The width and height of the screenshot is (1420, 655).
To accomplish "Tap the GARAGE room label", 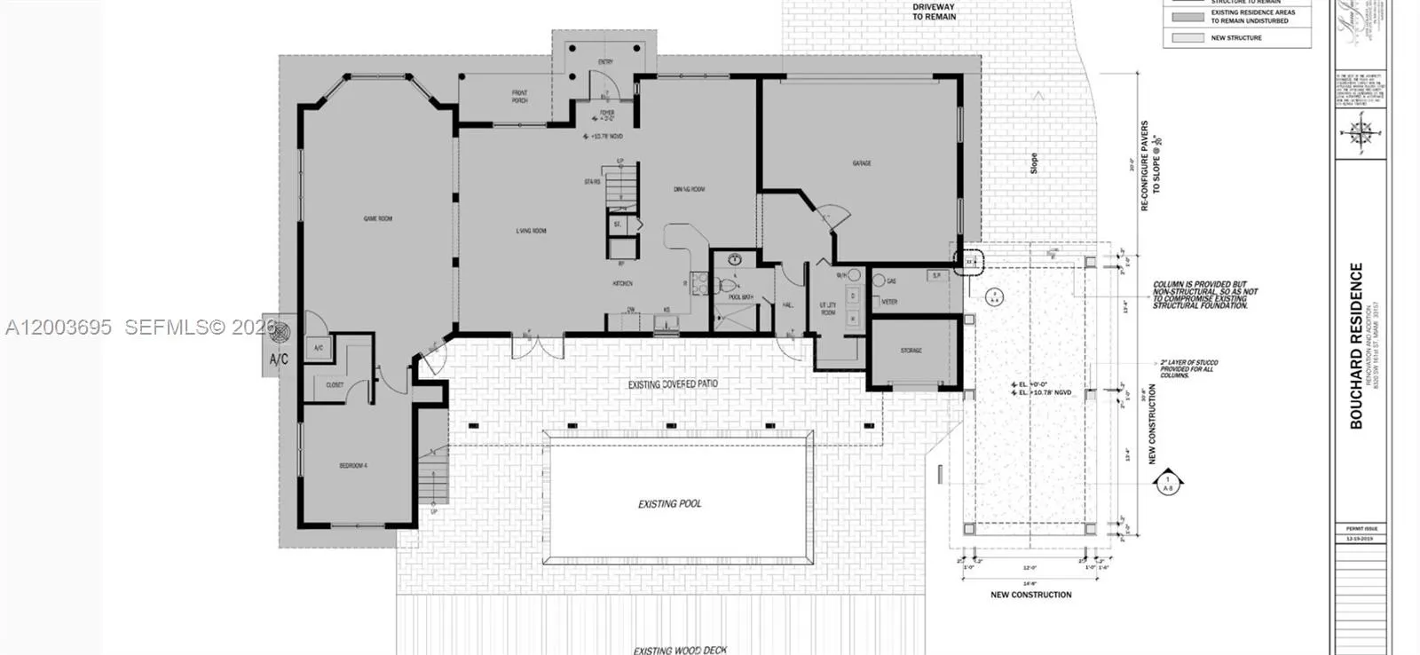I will (861, 163).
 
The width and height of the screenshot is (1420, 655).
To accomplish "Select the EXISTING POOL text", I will (669, 503).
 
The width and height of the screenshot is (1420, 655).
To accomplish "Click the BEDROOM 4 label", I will (353, 466).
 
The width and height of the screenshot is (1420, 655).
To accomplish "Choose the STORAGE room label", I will (911, 351).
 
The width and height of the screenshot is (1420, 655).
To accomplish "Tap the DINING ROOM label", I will (690, 189).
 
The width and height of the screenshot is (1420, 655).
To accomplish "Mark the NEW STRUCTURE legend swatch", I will (1187, 38).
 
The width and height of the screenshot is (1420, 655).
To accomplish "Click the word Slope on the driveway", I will (1033, 163).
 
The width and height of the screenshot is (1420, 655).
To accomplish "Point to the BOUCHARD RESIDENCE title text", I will (1356, 346).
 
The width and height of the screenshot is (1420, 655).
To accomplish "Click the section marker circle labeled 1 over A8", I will (1168, 484).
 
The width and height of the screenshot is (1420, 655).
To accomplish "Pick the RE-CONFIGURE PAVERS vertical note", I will (1150, 166).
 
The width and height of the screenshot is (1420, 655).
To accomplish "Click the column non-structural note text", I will (1204, 292).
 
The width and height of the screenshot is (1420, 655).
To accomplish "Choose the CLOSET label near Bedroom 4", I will (335, 385).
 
